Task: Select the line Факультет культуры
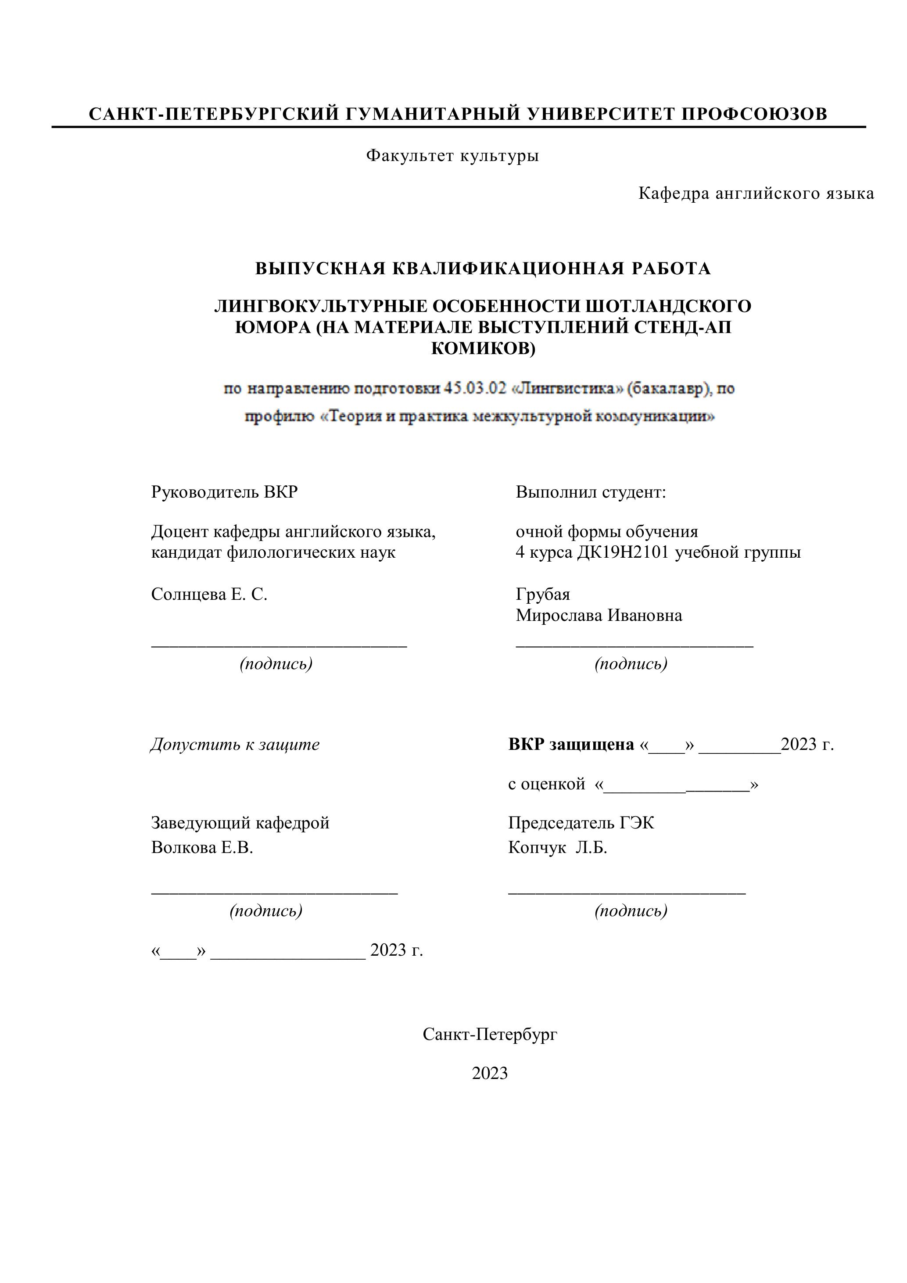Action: pyautogui.click(x=453, y=155)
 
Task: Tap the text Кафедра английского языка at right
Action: pyautogui.click(x=756, y=194)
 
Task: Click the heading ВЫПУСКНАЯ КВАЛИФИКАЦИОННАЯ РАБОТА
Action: pyautogui.click(x=483, y=269)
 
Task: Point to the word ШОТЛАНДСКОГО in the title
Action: pyautogui.click(x=668, y=306)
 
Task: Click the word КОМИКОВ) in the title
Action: pyautogui.click(x=484, y=349)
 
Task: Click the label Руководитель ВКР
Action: pyautogui.click(x=224, y=492)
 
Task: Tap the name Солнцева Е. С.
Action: pyautogui.click(x=209, y=594)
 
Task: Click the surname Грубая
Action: pyautogui.click(x=543, y=594)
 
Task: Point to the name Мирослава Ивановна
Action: pyautogui.click(x=599, y=616)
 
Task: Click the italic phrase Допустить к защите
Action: pyautogui.click(x=235, y=744)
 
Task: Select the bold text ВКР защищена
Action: pyautogui.click(x=571, y=744)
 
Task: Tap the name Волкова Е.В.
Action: pyautogui.click(x=202, y=848)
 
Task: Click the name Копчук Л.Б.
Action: pyautogui.click(x=558, y=848)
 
